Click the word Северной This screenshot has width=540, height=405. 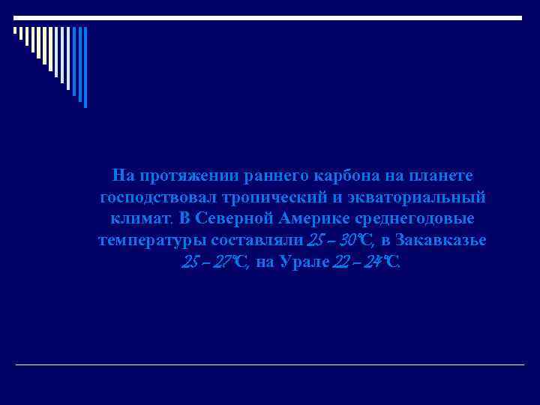point(235,220)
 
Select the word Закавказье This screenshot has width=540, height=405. point(442,241)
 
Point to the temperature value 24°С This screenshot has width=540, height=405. point(382,263)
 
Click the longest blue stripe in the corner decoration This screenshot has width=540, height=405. point(85,67)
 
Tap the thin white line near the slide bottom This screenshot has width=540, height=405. point(270,365)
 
